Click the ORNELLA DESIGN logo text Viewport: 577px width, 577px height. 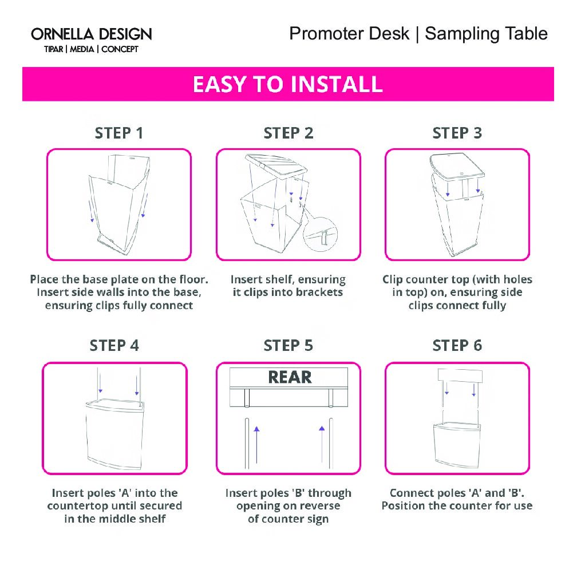click(x=91, y=34)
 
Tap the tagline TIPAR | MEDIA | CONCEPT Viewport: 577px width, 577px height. click(x=91, y=49)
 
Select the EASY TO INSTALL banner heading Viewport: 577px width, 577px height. click(x=288, y=84)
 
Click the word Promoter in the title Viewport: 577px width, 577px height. click(x=349, y=33)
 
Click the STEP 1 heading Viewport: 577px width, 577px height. click(x=119, y=133)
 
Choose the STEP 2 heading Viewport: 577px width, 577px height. click(x=288, y=133)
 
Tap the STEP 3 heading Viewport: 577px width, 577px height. click(x=457, y=133)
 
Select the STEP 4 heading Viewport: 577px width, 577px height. click(x=114, y=346)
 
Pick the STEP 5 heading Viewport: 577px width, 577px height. click(x=288, y=346)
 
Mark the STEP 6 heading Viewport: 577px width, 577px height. click(x=457, y=346)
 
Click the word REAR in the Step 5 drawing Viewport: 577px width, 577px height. click(x=290, y=377)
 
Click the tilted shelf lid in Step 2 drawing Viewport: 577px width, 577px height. click(x=276, y=167)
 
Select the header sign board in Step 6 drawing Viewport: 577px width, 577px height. click(x=460, y=376)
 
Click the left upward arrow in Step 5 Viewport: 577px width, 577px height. click(x=256, y=445)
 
